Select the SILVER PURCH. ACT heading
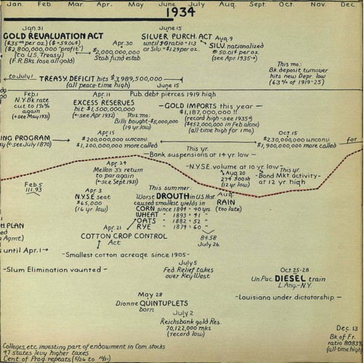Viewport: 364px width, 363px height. pyautogui.click(x=177, y=36)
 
